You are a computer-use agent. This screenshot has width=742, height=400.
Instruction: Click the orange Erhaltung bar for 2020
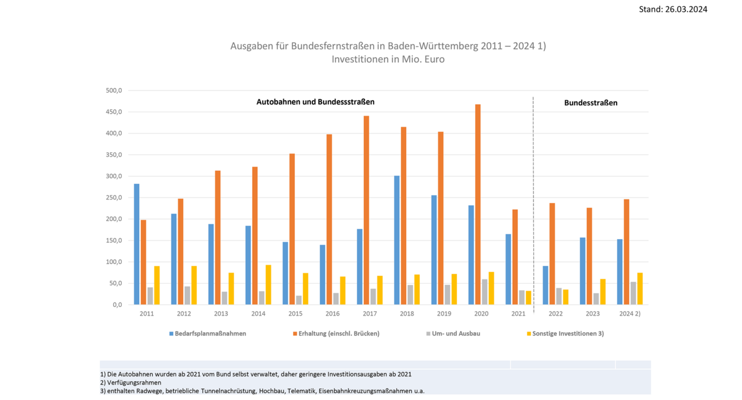pyautogui.click(x=477, y=204)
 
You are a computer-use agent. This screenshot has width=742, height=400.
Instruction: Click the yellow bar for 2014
pyautogui.click(x=268, y=284)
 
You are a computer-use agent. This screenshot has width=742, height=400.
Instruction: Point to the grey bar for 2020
pyautogui.click(x=485, y=292)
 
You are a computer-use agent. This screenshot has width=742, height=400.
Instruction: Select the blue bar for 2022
pyautogui.click(x=545, y=285)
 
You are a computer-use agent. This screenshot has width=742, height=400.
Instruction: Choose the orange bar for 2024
pyautogui.click(x=627, y=252)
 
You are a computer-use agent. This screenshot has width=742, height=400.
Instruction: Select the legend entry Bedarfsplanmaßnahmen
pyautogui.click(x=207, y=334)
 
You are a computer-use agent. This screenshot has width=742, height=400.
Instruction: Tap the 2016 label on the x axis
pyautogui.click(x=333, y=314)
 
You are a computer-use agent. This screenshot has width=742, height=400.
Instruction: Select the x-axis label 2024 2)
pyautogui.click(x=630, y=314)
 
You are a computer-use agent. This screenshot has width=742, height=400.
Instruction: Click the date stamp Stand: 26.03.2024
pyautogui.click(x=673, y=9)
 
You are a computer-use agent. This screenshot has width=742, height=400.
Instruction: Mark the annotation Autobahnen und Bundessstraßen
pyautogui.click(x=315, y=101)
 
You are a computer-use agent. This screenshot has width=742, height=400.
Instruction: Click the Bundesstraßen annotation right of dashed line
pyautogui.click(x=590, y=102)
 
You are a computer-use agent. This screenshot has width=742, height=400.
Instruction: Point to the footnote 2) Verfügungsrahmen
pyautogui.click(x=130, y=383)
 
